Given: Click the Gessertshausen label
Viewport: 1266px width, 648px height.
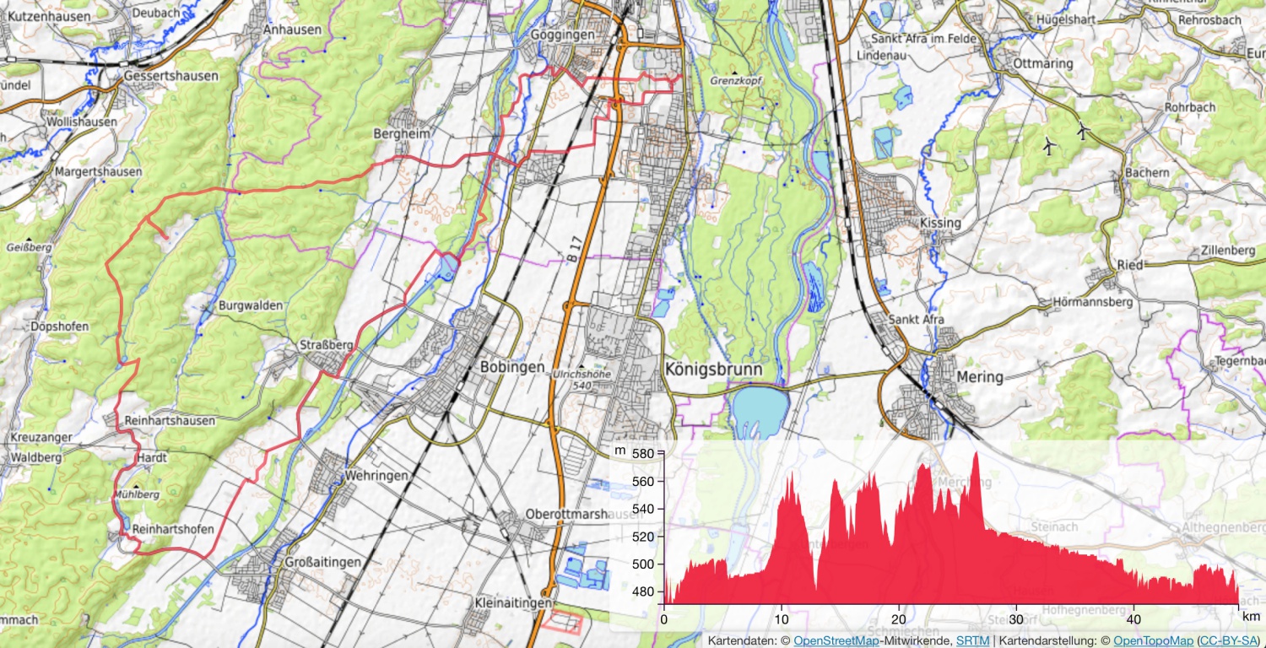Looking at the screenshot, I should pos(170,76).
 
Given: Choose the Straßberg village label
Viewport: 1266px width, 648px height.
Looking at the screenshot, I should pos(326,346).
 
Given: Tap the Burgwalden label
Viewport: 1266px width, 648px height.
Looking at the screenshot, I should pos(251,305).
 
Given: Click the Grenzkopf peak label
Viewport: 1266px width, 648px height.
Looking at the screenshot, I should pos(736,82).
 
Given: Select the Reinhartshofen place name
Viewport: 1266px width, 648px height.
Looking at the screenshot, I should pos(173,529).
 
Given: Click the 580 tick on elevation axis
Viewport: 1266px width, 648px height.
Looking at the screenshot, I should pos(643,454).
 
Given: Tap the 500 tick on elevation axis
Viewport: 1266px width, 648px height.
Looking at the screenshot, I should pos(643,564).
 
